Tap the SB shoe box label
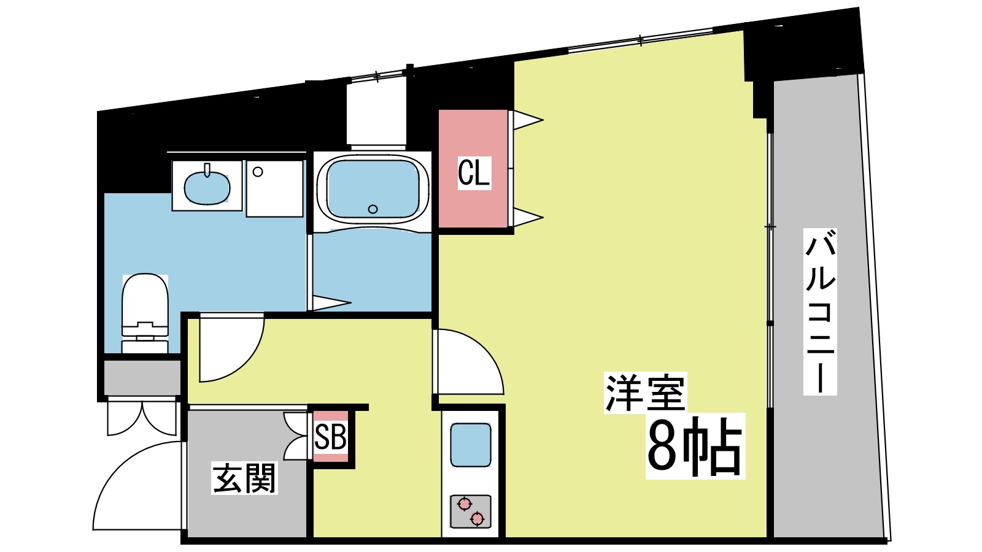click(331, 437)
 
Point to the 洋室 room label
click(645, 393)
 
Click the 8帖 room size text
click(695, 447)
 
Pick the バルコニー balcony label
click(821, 312)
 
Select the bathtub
click(373, 189)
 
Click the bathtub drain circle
click(373, 209)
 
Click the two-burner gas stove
click(471, 512)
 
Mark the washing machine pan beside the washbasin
click(275, 188)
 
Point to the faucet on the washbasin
click(207, 169)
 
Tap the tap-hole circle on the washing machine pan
click(258, 172)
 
